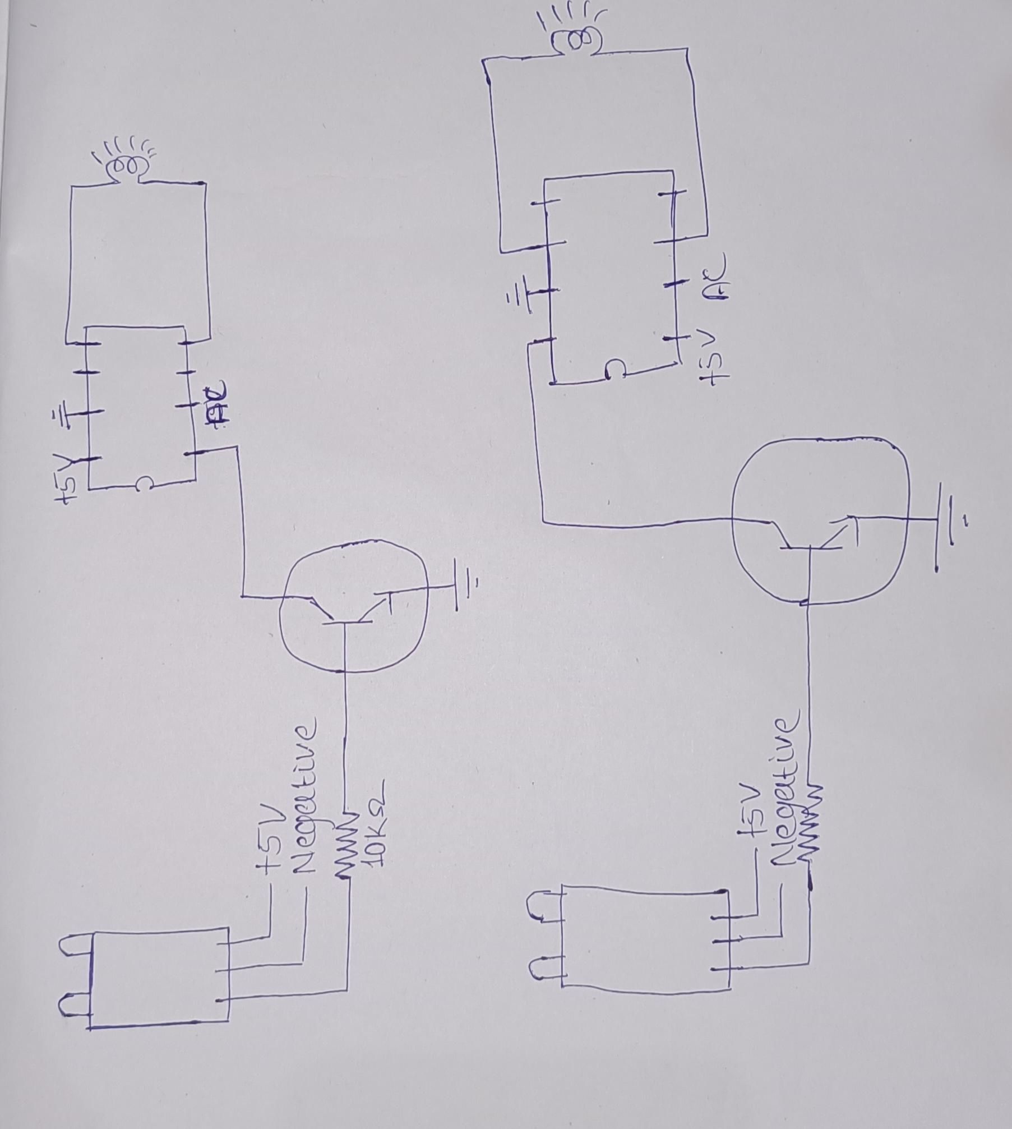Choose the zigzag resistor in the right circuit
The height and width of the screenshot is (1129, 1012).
click(x=810, y=819)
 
